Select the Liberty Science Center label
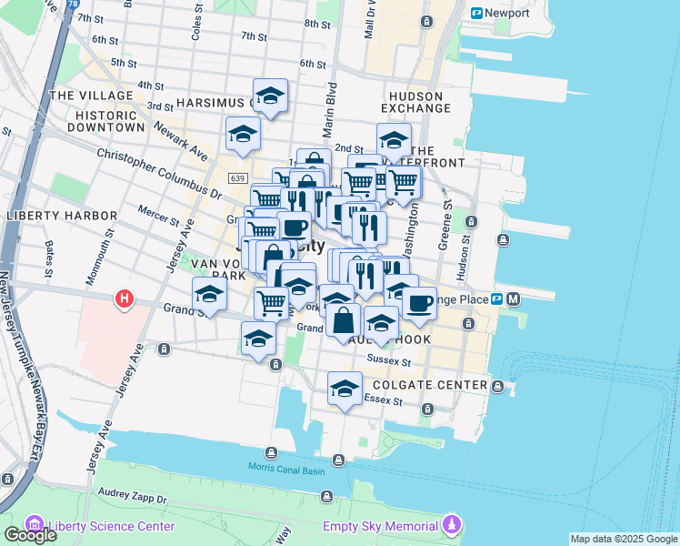coord(111,526)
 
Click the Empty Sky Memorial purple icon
coord(452,525)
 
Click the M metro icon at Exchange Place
coord(514,298)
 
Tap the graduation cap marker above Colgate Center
coord(345,389)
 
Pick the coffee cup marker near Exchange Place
coord(419,303)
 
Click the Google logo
coord(30,535)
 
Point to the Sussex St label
coord(389,360)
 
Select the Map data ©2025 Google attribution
coord(623,539)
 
